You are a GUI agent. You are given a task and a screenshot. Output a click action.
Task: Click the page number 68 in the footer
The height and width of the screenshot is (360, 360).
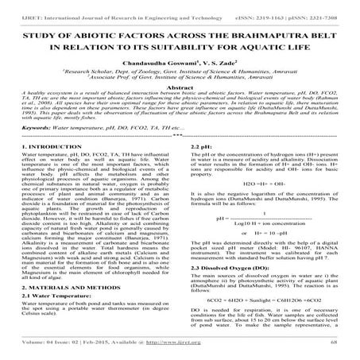[335, 343]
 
